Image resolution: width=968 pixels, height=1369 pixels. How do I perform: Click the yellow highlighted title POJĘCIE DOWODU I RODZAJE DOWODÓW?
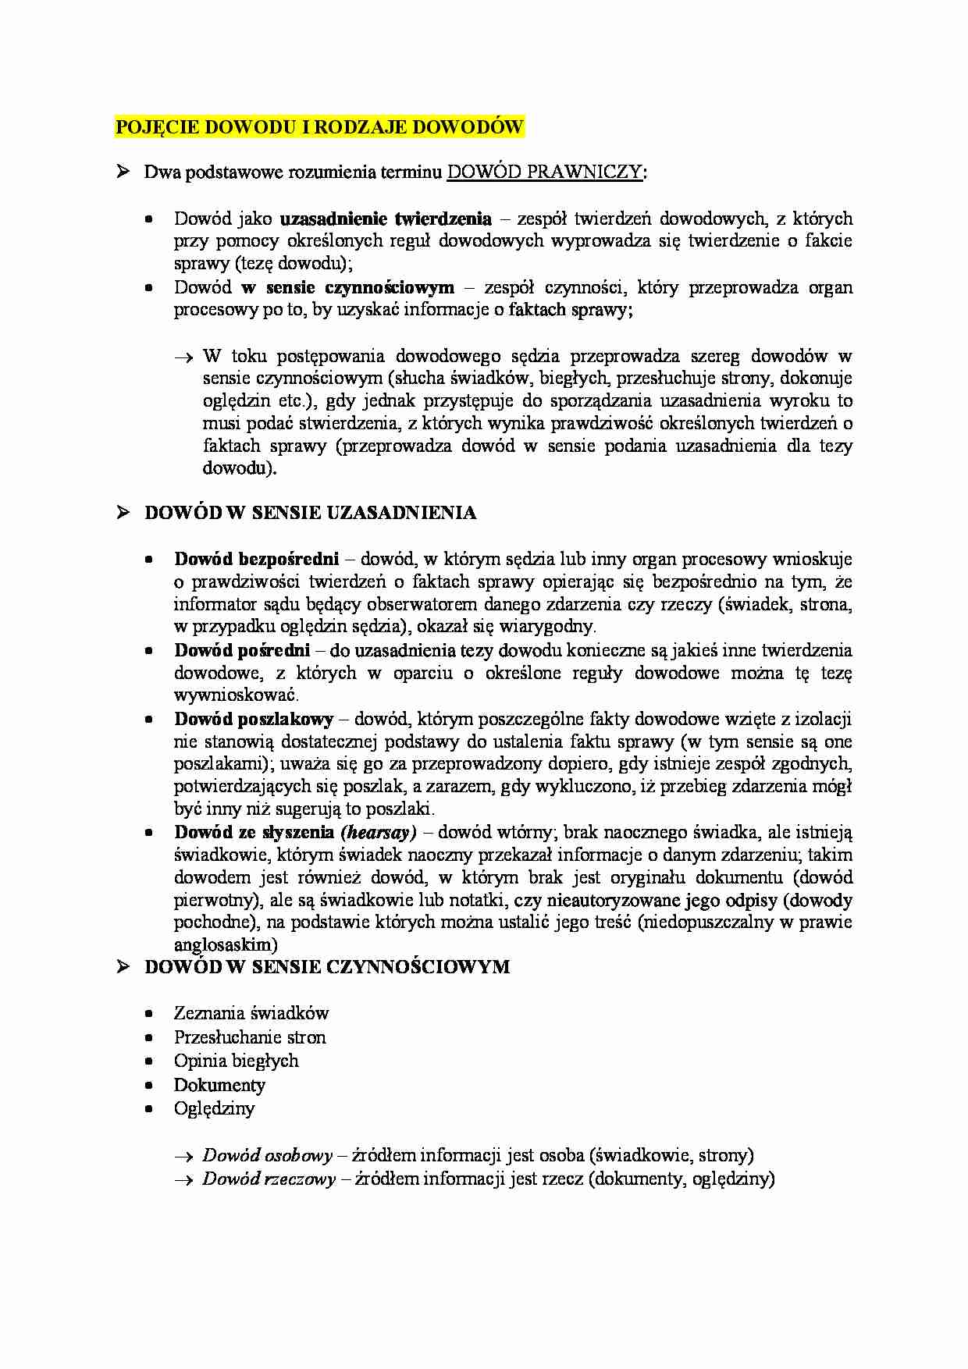click(x=319, y=127)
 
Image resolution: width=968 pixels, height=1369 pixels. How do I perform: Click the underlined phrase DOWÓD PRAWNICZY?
click(x=545, y=172)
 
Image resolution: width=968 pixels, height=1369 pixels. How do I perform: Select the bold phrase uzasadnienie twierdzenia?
click(x=386, y=219)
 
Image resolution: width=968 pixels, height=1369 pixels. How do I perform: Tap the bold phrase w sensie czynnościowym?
click(x=348, y=287)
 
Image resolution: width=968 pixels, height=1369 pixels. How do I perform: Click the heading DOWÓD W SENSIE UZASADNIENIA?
click(x=310, y=513)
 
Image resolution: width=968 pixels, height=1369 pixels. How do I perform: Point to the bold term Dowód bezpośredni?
click(x=257, y=559)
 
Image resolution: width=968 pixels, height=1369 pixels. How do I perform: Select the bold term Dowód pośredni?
click(x=242, y=650)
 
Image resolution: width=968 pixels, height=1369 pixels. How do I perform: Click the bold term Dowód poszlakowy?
click(x=254, y=719)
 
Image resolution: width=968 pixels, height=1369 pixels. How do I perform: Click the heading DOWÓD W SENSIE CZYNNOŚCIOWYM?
click(x=327, y=967)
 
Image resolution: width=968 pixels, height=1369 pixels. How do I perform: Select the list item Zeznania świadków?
click(x=251, y=1013)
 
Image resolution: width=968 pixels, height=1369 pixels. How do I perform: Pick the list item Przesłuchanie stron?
click(x=250, y=1037)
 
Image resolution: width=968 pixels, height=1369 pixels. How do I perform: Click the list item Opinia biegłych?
click(x=236, y=1061)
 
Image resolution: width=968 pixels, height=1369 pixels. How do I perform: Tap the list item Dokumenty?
click(x=219, y=1085)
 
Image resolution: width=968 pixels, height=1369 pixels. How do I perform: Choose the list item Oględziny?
click(x=214, y=1108)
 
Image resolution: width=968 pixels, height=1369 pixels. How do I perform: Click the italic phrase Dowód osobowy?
click(x=268, y=1155)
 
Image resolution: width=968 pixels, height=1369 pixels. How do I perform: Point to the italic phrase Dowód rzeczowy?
click(x=269, y=1179)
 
